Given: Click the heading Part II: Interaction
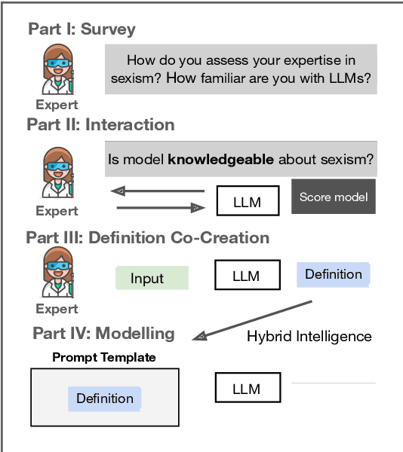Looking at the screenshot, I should tap(100, 124).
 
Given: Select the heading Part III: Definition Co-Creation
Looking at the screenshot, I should tap(147, 238).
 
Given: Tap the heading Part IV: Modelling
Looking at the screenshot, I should tap(103, 333).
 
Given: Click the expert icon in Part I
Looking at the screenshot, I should tap(57, 72).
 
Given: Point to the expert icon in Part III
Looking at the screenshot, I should tap(57, 276).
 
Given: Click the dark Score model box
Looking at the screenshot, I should tap(334, 197).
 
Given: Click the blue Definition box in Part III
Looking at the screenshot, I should tap(334, 274).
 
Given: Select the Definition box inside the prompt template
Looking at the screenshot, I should tap(105, 399).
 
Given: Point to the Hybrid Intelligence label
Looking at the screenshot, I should tap(309, 336).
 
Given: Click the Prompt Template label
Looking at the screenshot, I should tap(103, 357).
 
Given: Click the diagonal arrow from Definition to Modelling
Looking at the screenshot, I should tap(254, 319).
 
